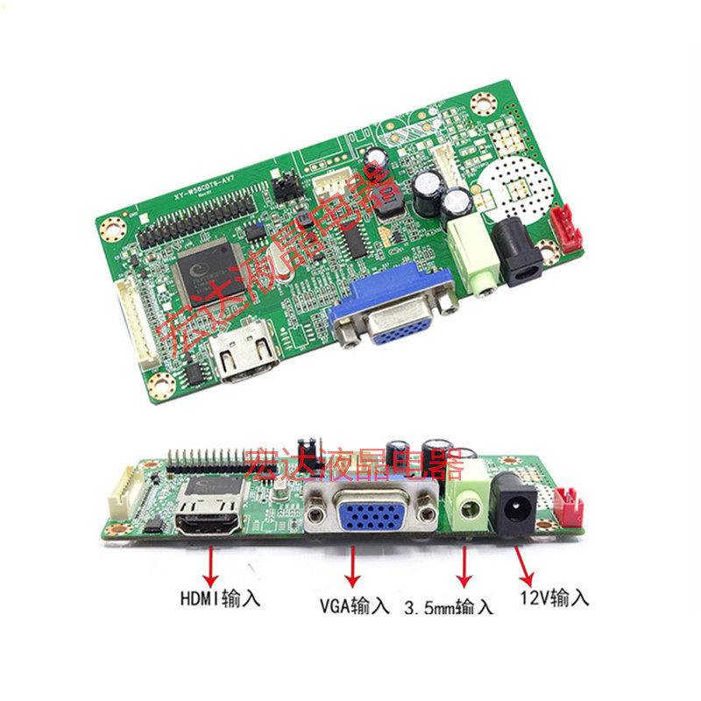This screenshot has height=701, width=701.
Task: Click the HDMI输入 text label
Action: pyautogui.click(x=220, y=600)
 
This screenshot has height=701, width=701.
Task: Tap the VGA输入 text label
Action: pyautogui.click(x=354, y=605)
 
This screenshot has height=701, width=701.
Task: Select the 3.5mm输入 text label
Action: pyautogui.click(x=450, y=605)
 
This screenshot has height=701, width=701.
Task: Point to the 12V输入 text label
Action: pyautogui.click(x=555, y=598)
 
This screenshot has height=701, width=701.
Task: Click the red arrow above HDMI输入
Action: pyautogui.click(x=211, y=566)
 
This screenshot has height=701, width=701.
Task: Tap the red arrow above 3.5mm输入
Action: pyautogui.click(x=464, y=569)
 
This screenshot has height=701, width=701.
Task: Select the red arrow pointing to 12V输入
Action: pyautogui.click(x=524, y=566)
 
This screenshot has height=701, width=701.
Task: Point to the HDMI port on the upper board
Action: pyautogui.click(x=245, y=354)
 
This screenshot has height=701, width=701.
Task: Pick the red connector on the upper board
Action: pyautogui.click(x=563, y=226)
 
